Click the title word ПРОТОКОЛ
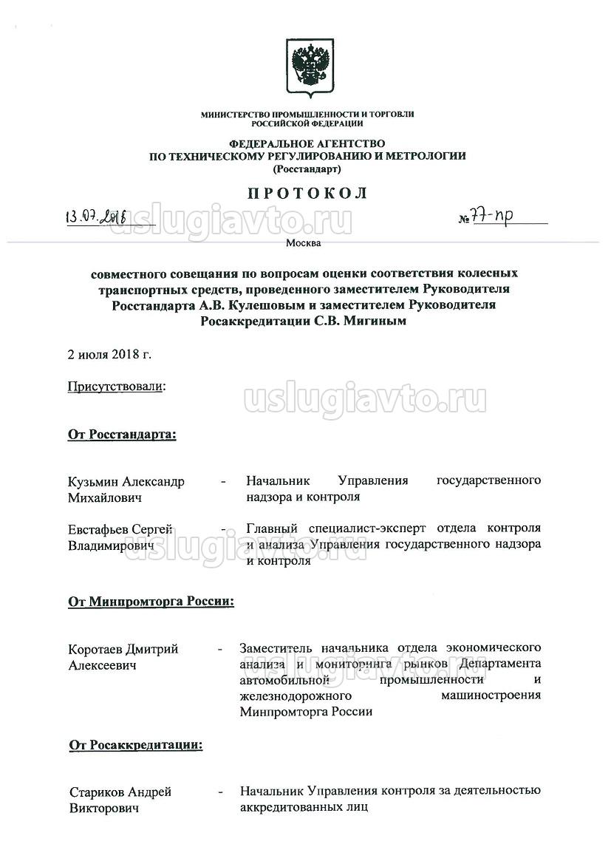[x=307, y=194]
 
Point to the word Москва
[x=307, y=242]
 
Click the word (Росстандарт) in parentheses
[x=307, y=169]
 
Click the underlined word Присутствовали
[x=115, y=387]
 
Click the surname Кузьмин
[x=93, y=481]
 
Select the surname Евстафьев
[x=98, y=529]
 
